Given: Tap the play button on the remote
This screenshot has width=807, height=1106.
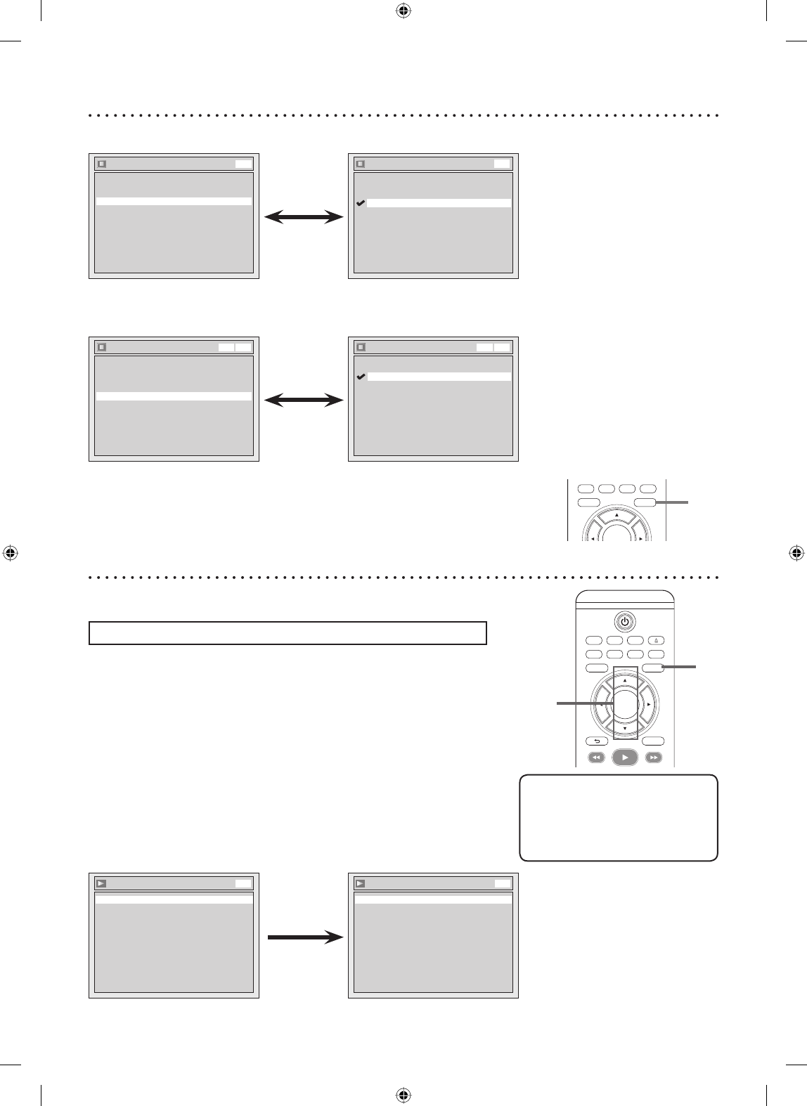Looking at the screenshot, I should coord(625,757).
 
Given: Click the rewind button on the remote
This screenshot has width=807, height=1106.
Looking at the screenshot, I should coord(596,757).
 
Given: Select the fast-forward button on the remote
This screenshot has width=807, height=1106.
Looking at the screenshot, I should coord(654,757).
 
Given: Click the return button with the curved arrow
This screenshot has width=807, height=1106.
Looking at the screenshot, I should coord(597,741).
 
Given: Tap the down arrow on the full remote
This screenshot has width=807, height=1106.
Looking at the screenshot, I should coord(625,729).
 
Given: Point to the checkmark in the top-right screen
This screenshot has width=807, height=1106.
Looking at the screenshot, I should coord(361,203).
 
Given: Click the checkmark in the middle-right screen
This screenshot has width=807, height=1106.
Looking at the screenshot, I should coord(361,377).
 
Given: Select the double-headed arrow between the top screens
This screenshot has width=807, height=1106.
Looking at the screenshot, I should coord(304,219).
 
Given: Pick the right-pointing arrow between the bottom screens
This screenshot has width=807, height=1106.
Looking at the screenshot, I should coord(304,937).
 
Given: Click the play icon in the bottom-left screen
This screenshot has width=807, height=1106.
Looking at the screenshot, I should coord(102,884).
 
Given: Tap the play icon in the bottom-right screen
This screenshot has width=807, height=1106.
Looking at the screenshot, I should coord(361,884).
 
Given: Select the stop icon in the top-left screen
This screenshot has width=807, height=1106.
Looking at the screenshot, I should coord(102,164).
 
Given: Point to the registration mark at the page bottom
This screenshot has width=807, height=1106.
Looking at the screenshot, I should coord(403,1095).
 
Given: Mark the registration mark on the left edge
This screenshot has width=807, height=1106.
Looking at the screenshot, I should coord(10,552).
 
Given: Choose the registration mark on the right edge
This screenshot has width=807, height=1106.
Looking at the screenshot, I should coord(796,552).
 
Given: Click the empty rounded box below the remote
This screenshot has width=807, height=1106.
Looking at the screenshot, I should coord(619,817).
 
